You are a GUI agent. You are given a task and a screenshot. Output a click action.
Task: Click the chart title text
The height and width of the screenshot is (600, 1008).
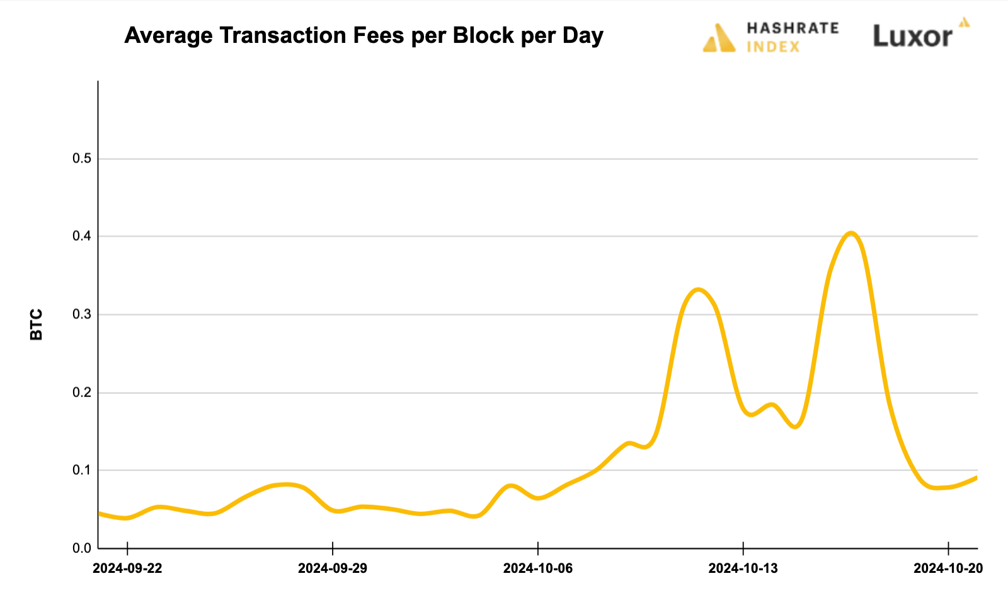[364, 36]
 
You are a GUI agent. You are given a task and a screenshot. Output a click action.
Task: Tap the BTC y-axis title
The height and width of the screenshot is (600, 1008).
[37, 325]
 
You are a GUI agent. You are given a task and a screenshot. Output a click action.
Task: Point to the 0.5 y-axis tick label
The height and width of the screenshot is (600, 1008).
[82, 159]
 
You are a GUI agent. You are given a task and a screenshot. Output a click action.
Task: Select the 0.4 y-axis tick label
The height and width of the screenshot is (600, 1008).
[82, 236]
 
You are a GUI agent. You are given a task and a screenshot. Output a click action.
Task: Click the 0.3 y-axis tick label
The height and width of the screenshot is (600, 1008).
[82, 314]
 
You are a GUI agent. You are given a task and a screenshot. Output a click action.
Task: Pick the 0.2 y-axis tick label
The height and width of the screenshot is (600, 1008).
[82, 393]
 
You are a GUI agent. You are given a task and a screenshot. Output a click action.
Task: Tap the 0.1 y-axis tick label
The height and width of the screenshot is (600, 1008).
[82, 470]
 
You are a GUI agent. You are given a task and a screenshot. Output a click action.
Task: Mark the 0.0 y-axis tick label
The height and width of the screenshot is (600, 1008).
[82, 548]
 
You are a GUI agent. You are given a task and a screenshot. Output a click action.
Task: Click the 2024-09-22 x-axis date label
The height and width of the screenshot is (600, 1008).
[127, 568]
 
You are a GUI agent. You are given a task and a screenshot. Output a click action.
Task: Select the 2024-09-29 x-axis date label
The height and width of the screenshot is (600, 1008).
[333, 568]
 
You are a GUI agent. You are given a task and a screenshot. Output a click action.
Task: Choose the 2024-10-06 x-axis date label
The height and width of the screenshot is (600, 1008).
[538, 568]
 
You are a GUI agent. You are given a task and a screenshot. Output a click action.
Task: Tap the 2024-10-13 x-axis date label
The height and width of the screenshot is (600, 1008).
[743, 568]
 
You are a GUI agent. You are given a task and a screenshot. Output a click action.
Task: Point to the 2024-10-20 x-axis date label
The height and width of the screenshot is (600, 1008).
[948, 568]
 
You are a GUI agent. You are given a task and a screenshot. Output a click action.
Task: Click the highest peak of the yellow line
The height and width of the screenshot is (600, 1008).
[851, 234]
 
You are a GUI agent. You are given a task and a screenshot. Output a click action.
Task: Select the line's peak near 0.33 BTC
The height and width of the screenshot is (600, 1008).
[697, 290]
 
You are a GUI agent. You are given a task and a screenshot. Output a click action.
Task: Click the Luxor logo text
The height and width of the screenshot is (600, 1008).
[912, 37]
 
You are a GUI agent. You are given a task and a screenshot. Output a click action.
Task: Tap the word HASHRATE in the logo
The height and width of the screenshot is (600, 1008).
[793, 28]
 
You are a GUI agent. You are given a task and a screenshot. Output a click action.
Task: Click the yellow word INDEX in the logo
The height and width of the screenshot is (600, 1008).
[773, 47]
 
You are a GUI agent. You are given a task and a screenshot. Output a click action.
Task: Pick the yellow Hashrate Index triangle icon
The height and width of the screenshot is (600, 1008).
[719, 38]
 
